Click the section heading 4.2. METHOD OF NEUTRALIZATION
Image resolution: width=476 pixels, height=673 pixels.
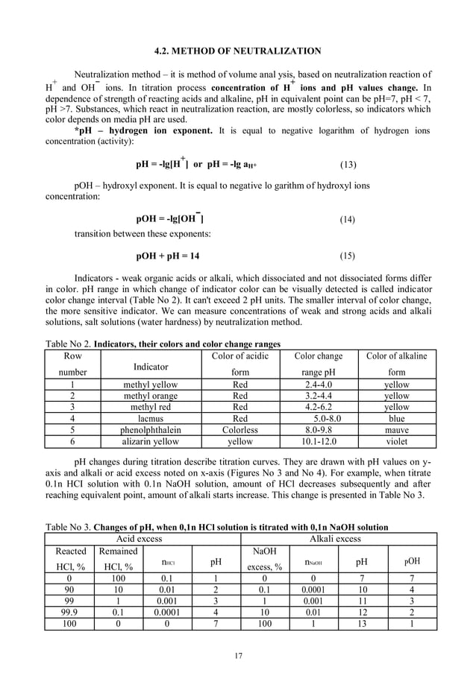tap(237, 51)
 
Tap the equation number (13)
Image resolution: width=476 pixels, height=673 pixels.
tap(347, 163)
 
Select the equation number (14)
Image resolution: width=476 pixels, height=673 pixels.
tap(347, 220)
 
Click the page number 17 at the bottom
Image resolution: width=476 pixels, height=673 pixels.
tap(238, 655)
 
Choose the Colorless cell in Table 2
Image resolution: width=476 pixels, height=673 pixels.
tap(240, 430)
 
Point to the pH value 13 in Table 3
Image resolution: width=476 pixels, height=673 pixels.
tap(361, 622)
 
